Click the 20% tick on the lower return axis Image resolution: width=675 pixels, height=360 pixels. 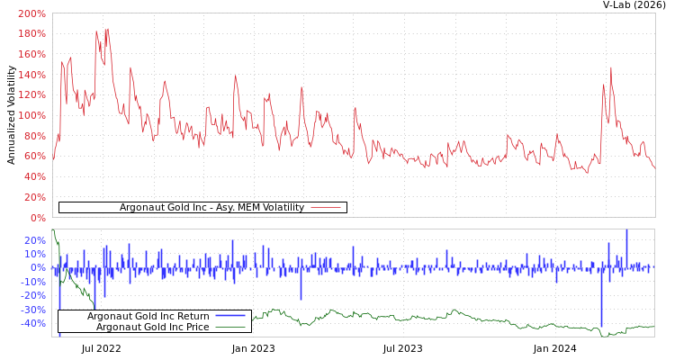click(34, 240)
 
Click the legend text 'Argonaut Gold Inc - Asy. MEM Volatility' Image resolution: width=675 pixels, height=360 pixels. click(211, 207)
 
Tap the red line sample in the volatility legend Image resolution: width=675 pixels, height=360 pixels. click(325, 207)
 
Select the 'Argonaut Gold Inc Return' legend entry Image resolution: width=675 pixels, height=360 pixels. click(148, 316)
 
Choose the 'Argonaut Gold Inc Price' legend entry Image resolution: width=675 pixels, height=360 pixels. click(152, 327)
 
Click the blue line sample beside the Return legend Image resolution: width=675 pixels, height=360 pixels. click(230, 316)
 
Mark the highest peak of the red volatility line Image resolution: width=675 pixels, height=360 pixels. click(107, 29)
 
